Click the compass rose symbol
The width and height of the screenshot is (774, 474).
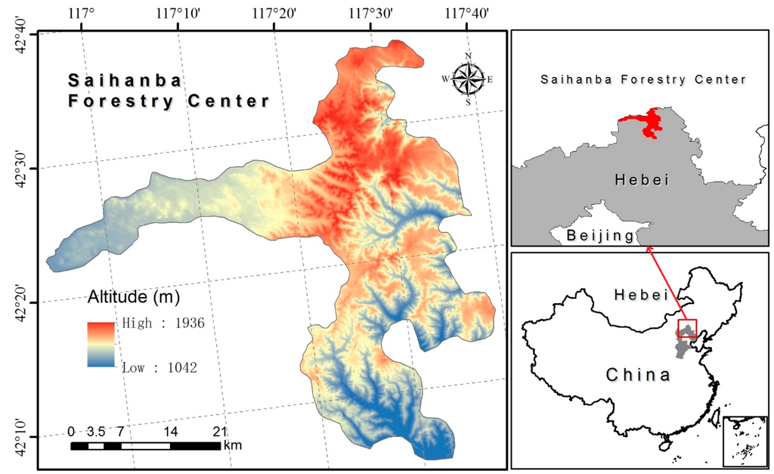[x=468, y=78]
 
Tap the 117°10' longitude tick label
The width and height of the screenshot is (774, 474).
[x=178, y=13]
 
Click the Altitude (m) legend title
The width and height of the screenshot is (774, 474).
[x=134, y=297]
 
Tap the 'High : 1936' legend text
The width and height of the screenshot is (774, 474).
[x=163, y=324]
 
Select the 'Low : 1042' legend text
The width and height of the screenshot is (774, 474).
[x=159, y=368]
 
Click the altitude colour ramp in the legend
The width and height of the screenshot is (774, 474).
[x=101, y=344]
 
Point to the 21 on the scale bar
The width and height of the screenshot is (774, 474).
[x=219, y=432]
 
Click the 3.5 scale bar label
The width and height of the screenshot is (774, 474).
[x=95, y=432]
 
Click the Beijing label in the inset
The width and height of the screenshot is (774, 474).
[x=600, y=235]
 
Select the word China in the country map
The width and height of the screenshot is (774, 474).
[x=637, y=374]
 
